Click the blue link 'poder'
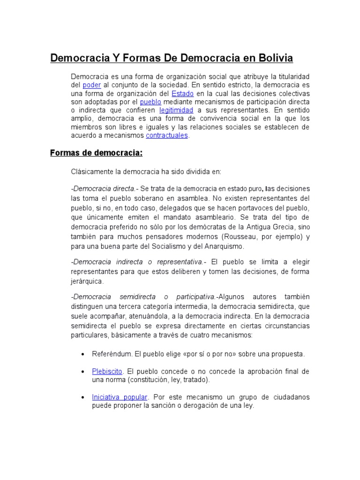tap(91, 85)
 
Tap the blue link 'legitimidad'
tap(176, 110)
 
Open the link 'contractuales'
tap(167, 135)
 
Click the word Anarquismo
tap(220, 246)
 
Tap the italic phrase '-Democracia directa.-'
tap(103, 188)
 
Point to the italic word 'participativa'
tap(195, 297)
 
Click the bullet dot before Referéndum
tap(82, 354)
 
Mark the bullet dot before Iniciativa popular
tap(82, 397)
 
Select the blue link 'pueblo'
tap(150, 102)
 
